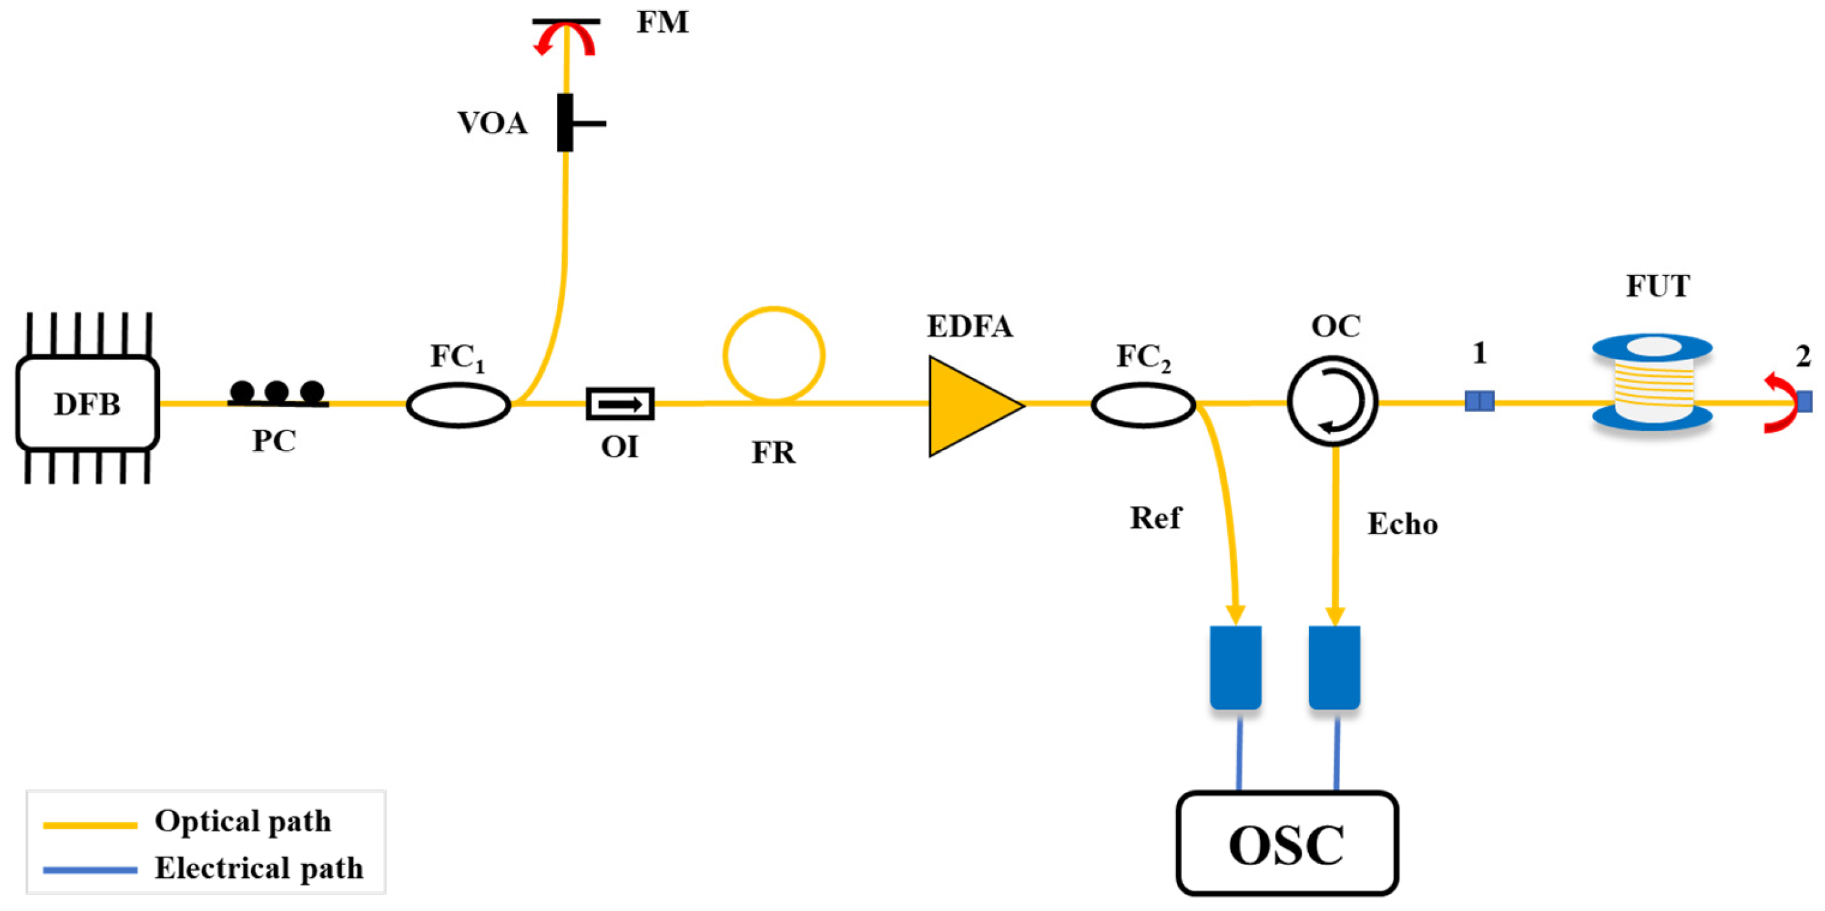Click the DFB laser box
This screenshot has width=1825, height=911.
pos(87,404)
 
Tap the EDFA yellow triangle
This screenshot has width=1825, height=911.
pos(967,406)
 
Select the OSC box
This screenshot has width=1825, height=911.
pos(1287,843)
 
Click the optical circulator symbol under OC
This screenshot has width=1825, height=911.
pos(1332,401)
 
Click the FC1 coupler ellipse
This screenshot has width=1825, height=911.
pos(458,405)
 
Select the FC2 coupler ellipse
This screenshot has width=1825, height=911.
pos(1143,405)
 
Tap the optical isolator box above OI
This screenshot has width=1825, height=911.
pos(620,404)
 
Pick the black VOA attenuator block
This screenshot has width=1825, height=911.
pos(565,122)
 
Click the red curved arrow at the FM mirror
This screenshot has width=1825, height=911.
pos(564,40)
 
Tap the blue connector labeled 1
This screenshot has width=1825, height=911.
pos(1479,401)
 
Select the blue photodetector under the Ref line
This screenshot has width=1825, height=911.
pos(1236,667)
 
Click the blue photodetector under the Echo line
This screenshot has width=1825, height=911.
pos(1334,667)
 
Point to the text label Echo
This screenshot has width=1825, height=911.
pos(1402,525)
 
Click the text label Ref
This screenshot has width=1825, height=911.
pos(1155,518)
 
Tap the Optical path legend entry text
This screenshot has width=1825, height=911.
pos(243,822)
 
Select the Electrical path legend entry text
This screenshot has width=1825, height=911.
pos(259,868)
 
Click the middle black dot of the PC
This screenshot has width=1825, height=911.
pos(277,391)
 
